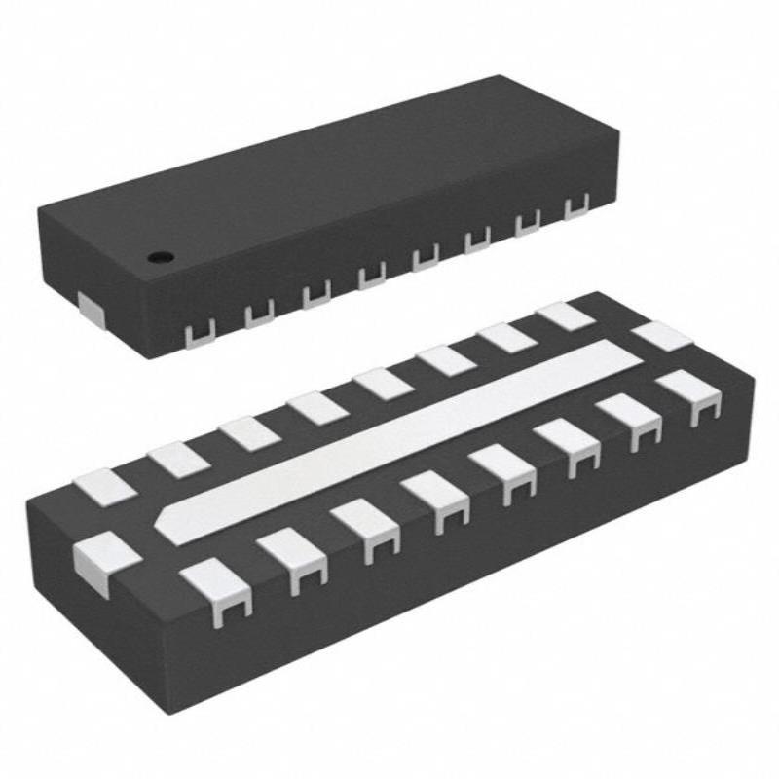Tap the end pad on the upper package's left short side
92,310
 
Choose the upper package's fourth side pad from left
371,277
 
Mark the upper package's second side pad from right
527,224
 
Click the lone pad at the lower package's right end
661,337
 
